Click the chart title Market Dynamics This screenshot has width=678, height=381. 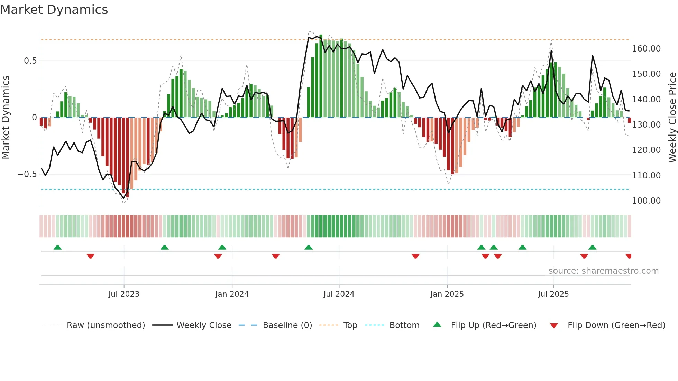[x=54, y=10]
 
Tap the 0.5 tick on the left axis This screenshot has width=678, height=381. [x=30, y=61]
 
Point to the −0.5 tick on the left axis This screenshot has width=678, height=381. [x=27, y=174]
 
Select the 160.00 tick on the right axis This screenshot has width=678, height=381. [x=646, y=49]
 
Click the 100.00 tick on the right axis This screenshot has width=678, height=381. [x=646, y=201]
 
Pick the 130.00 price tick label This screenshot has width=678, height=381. [x=646, y=125]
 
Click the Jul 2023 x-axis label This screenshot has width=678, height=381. [x=124, y=294]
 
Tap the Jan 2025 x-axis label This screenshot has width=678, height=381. [x=447, y=294]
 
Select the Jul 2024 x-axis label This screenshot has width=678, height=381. [x=339, y=294]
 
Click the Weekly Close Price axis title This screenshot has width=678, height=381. [x=672, y=118]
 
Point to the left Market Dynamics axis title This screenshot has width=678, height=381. [x=6, y=118]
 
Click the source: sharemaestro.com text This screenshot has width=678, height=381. [x=603, y=271]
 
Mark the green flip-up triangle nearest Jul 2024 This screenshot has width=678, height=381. [x=309, y=248]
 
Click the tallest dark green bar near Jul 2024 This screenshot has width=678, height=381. [x=321, y=76]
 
